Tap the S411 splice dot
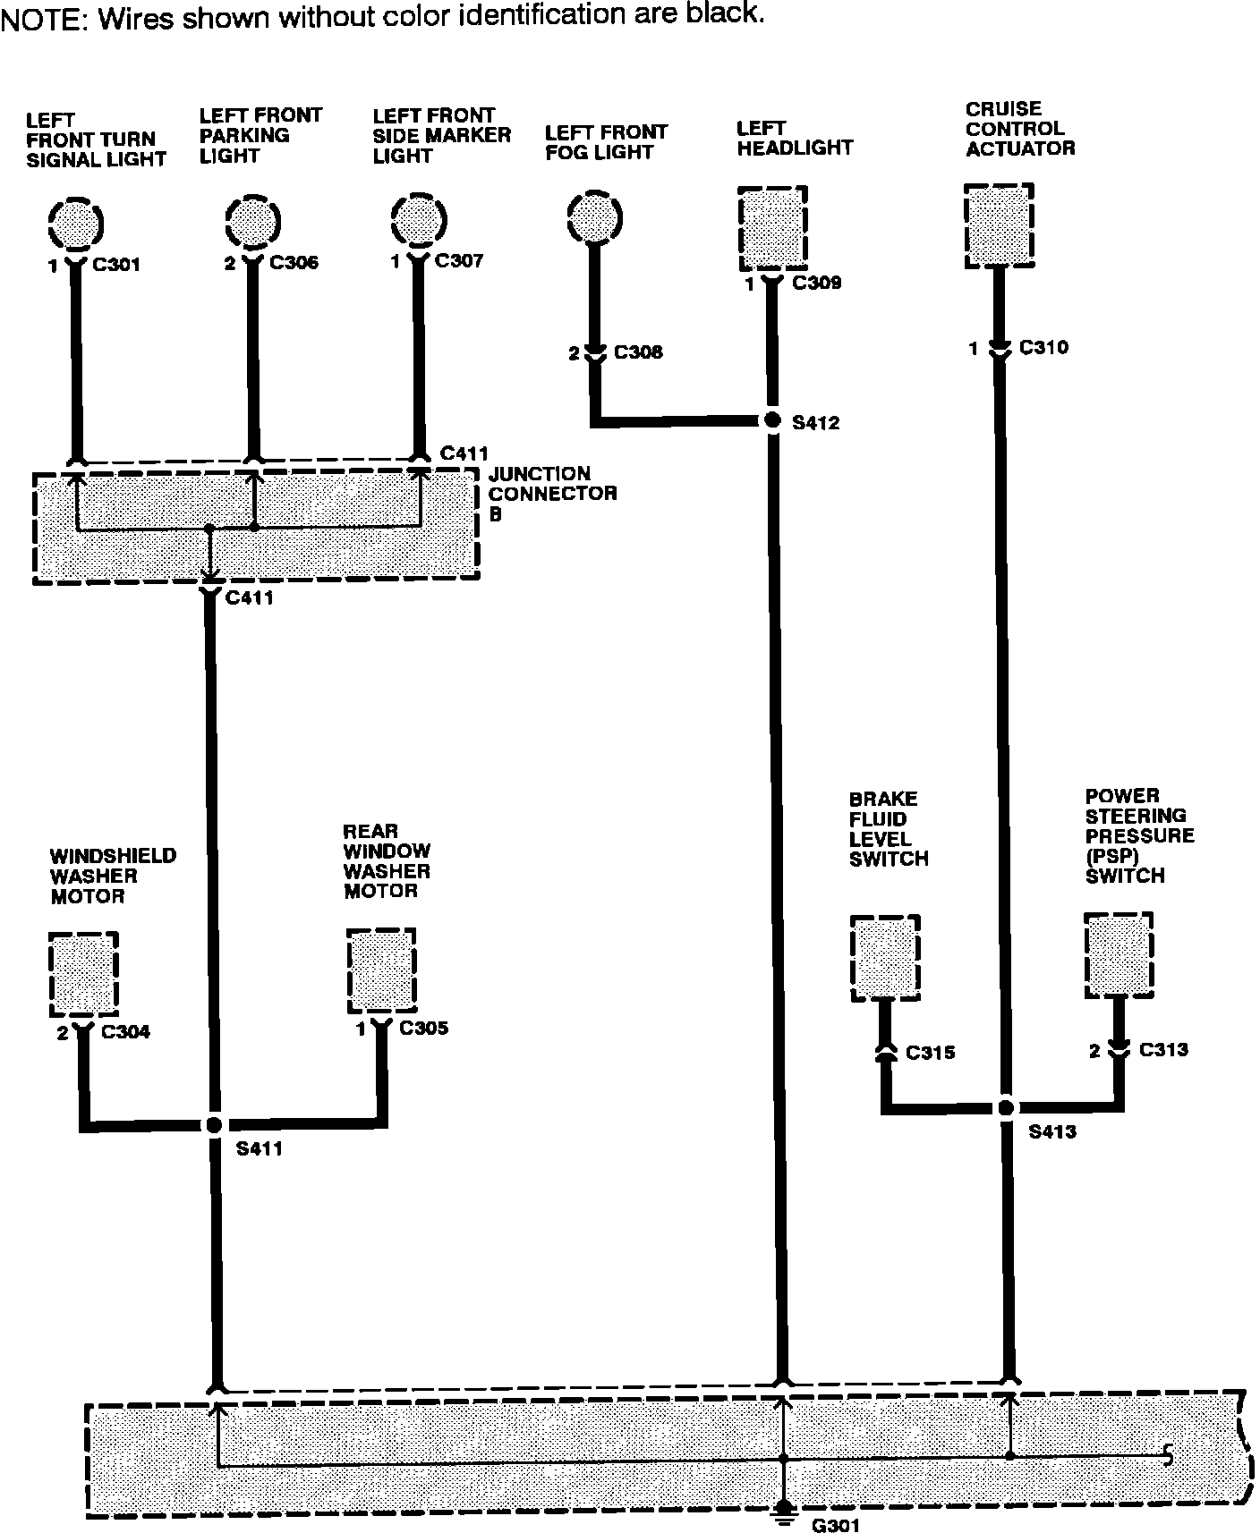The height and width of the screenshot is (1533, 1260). click(213, 1124)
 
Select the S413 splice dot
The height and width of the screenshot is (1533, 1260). click(1006, 1107)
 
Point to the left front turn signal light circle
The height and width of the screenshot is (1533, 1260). click(76, 223)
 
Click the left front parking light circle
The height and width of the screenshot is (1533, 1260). click(252, 220)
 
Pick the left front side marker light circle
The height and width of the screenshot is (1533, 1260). click(419, 219)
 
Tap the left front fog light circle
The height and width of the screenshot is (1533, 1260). click(593, 217)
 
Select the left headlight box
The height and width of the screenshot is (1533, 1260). click(773, 228)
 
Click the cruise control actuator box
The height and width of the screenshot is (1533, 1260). click(1000, 225)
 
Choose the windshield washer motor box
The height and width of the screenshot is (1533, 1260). click(83, 974)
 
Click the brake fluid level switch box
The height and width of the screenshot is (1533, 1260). click(884, 957)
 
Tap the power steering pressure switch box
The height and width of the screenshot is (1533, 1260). click(1119, 955)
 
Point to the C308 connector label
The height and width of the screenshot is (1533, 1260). click(638, 352)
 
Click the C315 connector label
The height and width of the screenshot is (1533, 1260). click(930, 1053)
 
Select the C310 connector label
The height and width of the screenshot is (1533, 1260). click(1043, 348)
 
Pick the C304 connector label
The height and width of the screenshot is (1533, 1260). click(126, 1032)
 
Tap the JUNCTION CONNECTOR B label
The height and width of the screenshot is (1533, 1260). click(551, 494)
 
